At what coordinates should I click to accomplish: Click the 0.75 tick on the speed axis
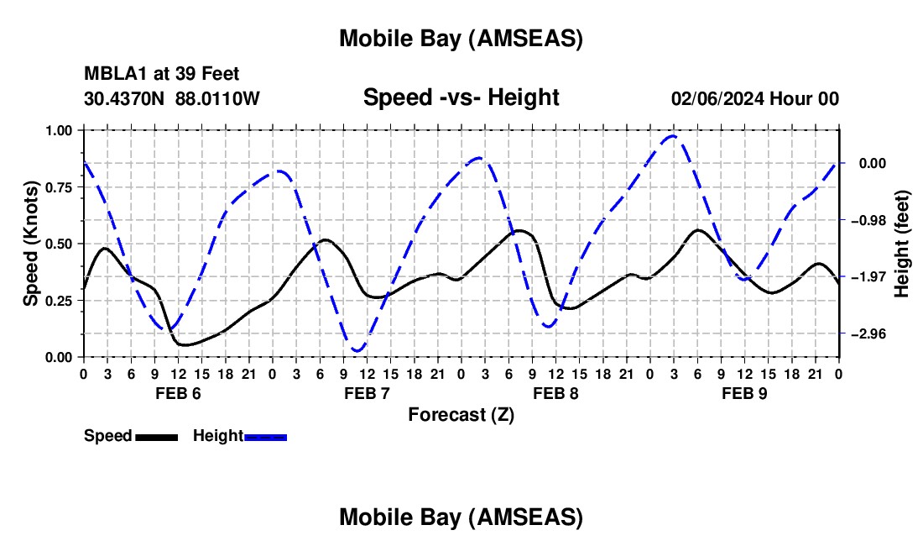[x=60, y=187]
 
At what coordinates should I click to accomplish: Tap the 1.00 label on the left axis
[x=60, y=130]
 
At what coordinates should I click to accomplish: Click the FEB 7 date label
[x=367, y=393]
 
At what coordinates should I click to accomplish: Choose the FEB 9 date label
[x=744, y=393]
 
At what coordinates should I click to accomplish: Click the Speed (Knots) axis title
[x=31, y=244]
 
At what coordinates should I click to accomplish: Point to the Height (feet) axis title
[x=902, y=244]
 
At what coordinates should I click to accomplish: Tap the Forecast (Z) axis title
[x=461, y=414]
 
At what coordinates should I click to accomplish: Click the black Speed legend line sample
[x=157, y=436]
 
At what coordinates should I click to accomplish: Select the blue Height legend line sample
[x=265, y=436]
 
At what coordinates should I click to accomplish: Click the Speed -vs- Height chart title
[x=461, y=97]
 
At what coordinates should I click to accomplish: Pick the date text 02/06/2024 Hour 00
[x=755, y=98]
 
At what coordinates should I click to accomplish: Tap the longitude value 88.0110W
[x=218, y=98]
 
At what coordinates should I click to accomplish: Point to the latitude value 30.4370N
[x=126, y=98]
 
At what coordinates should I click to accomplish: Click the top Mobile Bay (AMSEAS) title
[x=461, y=38]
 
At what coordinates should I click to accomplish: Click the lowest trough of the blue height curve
[x=357, y=350]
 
